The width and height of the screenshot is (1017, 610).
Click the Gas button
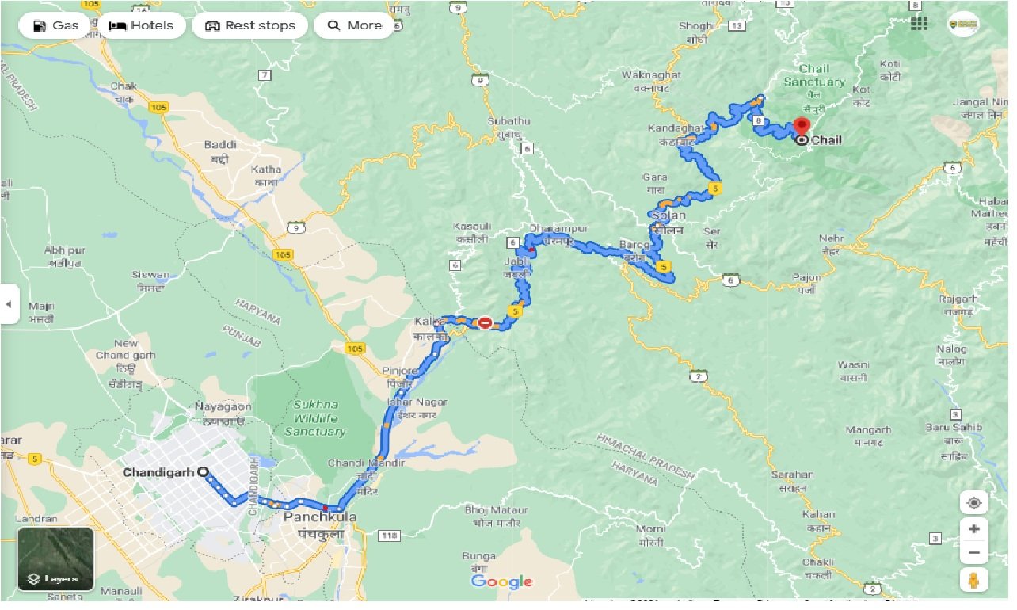(56, 25)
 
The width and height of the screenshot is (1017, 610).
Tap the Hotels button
(140, 25)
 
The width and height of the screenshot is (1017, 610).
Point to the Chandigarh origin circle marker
(203, 471)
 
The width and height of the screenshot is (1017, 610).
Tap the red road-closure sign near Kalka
(484, 322)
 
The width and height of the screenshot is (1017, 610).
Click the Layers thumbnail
(55, 559)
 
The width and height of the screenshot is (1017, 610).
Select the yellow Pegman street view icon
(973, 579)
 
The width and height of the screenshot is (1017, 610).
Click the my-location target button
(973, 502)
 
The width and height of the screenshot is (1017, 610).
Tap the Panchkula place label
(319, 517)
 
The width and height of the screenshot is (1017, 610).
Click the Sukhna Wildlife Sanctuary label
(314, 418)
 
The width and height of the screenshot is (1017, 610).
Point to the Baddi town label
(219, 144)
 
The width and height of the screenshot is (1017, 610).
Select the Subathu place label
(508, 121)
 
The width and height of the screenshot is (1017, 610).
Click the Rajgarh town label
(958, 299)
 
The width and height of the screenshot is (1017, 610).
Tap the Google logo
(501, 581)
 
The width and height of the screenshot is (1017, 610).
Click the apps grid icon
(919, 24)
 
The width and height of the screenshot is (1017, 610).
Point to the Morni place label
(650, 528)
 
